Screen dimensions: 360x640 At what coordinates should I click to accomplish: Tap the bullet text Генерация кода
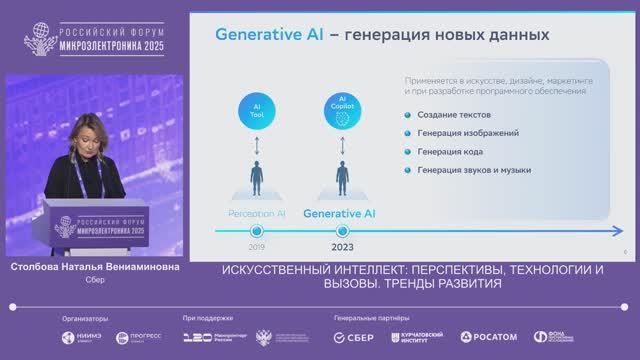coord(450,151)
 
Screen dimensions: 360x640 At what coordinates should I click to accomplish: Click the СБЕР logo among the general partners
coord(354,337)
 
